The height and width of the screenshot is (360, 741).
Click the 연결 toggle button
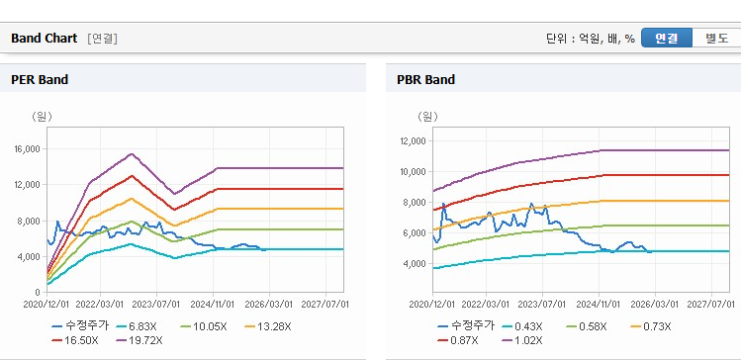(667, 39)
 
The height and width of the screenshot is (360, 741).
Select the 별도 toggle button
(716, 39)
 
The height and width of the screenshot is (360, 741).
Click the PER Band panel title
(40, 80)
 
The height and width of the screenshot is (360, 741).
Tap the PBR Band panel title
(425, 80)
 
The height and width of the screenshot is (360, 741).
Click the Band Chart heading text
(44, 39)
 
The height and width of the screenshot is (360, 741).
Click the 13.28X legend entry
(267, 326)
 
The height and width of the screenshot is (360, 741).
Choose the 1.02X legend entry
(525, 340)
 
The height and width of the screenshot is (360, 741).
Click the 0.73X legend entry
(651, 326)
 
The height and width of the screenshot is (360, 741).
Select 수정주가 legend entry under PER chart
(80, 325)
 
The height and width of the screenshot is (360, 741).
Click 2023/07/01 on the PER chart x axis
(158, 305)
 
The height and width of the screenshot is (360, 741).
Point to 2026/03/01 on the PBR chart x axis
(655, 305)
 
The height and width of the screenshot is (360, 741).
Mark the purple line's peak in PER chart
(132, 153)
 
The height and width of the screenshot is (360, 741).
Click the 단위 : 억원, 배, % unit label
(591, 39)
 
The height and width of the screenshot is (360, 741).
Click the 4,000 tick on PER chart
(32, 256)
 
